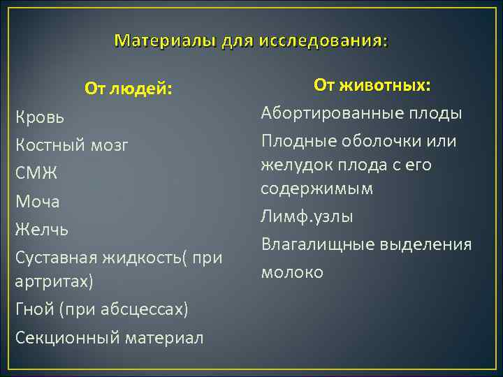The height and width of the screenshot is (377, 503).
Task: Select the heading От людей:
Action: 129,89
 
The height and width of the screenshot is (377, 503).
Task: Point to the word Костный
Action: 50,146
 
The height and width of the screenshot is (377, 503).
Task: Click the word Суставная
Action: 59,258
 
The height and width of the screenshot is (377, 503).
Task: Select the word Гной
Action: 34,309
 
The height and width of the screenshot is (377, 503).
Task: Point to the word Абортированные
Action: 321,113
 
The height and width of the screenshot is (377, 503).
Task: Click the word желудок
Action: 289,165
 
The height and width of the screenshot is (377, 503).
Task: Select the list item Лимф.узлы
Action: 307,216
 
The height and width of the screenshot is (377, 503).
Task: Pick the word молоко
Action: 292,272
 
